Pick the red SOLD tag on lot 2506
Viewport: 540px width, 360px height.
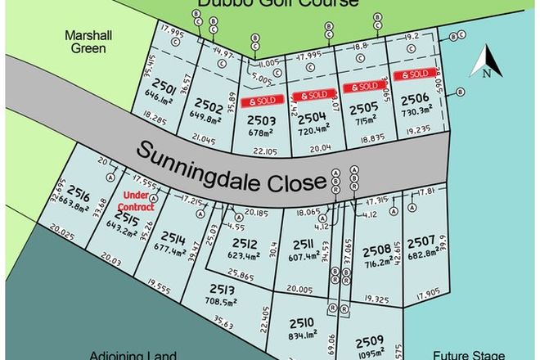click(412, 74)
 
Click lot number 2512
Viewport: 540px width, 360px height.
click(244, 243)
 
